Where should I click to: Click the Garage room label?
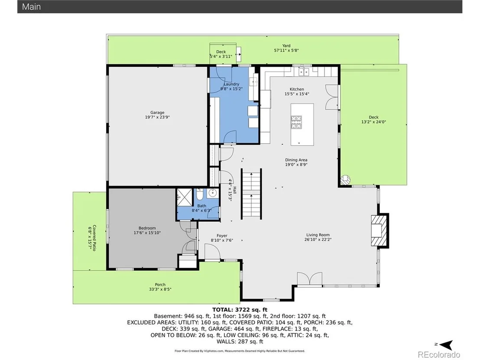157,113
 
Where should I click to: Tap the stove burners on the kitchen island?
296,122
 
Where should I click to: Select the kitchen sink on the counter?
304,72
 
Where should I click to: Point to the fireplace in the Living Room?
379,230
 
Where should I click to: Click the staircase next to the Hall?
251,194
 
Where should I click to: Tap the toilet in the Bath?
200,194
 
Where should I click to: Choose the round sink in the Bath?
212,193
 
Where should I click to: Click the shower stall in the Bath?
185,198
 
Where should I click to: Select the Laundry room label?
231,84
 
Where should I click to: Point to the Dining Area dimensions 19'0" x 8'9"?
296,165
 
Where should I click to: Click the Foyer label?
222,236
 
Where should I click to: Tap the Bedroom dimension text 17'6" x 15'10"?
147,233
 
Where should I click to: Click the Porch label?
160,285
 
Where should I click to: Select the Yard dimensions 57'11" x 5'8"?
286,51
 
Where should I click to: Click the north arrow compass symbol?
446,345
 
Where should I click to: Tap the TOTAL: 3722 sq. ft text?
240,310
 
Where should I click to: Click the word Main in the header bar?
31,7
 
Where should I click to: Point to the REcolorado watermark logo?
439,354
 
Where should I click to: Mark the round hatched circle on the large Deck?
346,180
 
